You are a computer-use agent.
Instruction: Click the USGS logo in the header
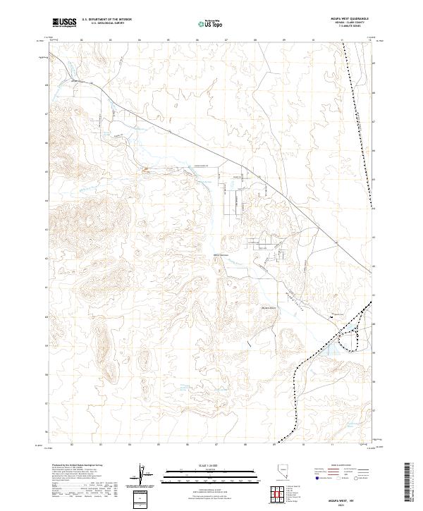point(65,23)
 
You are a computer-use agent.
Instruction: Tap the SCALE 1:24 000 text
point(210,464)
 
